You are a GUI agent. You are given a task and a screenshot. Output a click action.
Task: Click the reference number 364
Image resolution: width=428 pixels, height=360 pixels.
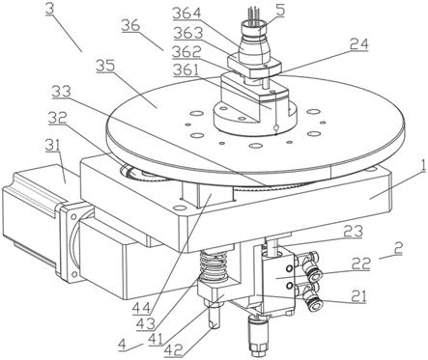(186, 14)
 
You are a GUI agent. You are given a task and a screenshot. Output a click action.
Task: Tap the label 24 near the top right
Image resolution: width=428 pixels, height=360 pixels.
(358, 44)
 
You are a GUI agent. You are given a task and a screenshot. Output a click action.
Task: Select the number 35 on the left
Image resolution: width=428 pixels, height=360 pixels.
(105, 66)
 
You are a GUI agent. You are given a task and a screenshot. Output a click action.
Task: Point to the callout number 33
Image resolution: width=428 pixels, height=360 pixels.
(62, 93)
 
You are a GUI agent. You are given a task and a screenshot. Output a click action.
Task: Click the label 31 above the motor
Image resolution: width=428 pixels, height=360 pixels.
(52, 146)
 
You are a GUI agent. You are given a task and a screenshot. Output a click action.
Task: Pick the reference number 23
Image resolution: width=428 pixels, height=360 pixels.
(353, 231)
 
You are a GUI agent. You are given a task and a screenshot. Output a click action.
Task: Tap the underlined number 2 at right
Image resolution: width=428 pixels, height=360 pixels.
(399, 248)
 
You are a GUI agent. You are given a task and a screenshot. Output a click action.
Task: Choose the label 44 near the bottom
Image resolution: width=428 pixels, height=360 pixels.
(141, 309)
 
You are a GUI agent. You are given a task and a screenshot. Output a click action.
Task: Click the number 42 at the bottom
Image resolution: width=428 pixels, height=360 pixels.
(174, 350)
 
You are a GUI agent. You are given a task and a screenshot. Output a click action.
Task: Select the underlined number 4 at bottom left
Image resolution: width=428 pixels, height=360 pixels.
(122, 345)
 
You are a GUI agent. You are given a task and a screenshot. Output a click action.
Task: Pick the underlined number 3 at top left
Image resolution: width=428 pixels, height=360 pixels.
(49, 9)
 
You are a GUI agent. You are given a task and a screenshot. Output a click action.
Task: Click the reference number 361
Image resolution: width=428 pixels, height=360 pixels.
(187, 70)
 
